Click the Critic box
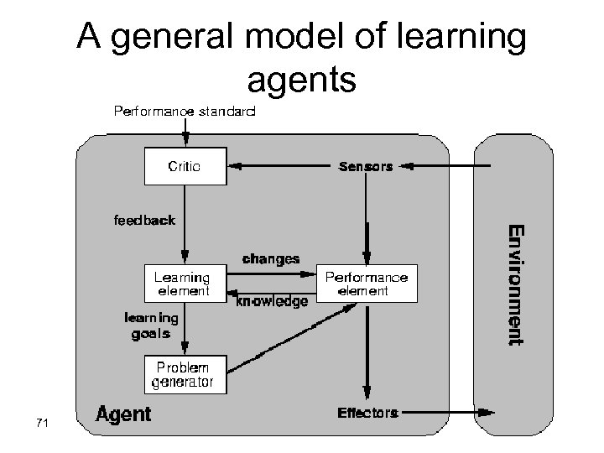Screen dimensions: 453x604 click(x=184, y=166)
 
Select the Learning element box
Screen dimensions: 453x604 click(x=182, y=284)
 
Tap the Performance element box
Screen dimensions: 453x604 click(x=367, y=284)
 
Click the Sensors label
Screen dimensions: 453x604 click(x=365, y=166)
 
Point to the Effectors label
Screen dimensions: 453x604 click(x=367, y=412)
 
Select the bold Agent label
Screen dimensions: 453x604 click(x=123, y=414)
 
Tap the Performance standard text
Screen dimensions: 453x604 click(x=185, y=111)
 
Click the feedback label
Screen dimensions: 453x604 click(x=144, y=221)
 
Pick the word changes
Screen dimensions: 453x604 click(x=270, y=258)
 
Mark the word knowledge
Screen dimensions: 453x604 click(x=272, y=299)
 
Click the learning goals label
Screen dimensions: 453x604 click(x=151, y=325)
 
